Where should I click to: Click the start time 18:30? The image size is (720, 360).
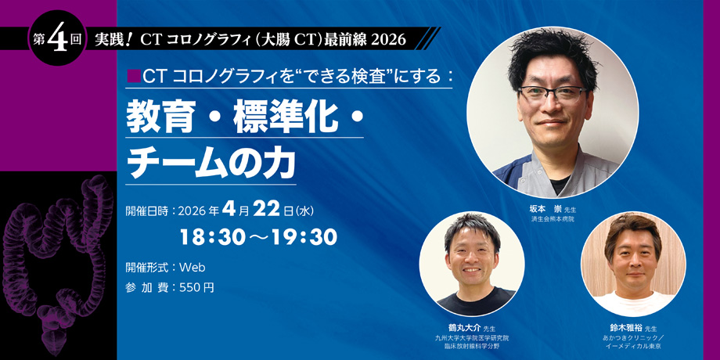[x=213, y=237]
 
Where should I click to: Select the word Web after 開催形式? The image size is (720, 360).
[x=193, y=267]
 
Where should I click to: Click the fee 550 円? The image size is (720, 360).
[x=196, y=288]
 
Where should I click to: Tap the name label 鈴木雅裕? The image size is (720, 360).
[x=627, y=329]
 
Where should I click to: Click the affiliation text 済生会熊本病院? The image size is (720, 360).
[x=551, y=219]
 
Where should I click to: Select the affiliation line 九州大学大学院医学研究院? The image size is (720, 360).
[x=472, y=338]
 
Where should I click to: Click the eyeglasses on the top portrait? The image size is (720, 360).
[x=552, y=94]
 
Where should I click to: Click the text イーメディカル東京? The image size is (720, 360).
[x=633, y=346]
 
